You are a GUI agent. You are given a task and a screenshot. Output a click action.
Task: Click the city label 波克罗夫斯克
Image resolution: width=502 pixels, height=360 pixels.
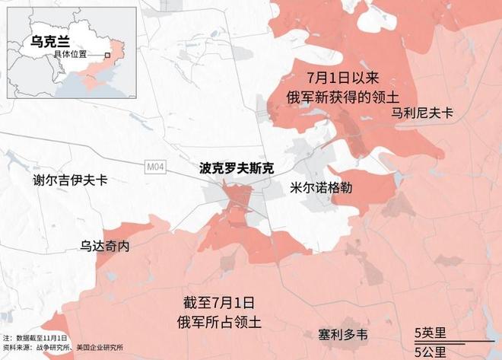coord(236,167)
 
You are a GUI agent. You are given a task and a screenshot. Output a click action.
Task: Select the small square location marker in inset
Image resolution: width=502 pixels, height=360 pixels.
coord(108,56)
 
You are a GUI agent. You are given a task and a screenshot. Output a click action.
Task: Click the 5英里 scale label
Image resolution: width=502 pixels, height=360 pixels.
coord(430,333)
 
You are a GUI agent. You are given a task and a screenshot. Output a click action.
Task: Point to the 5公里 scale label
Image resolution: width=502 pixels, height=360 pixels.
coord(430,351)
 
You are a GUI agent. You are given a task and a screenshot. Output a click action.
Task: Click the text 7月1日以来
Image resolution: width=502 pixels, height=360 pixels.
coord(336,78)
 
